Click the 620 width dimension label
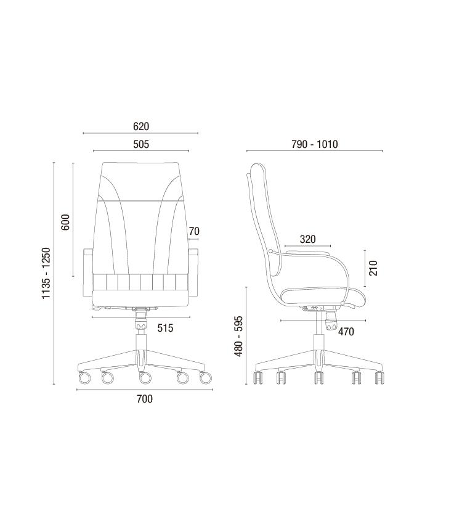click(141, 126)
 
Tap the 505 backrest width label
click(141, 144)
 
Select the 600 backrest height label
click(65, 222)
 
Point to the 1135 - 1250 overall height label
click(46, 273)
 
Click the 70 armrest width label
click(194, 231)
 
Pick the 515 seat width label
click(165, 328)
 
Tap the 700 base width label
click(145, 399)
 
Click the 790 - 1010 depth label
click(314, 144)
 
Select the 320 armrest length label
click(307, 239)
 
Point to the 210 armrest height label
click(373, 268)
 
